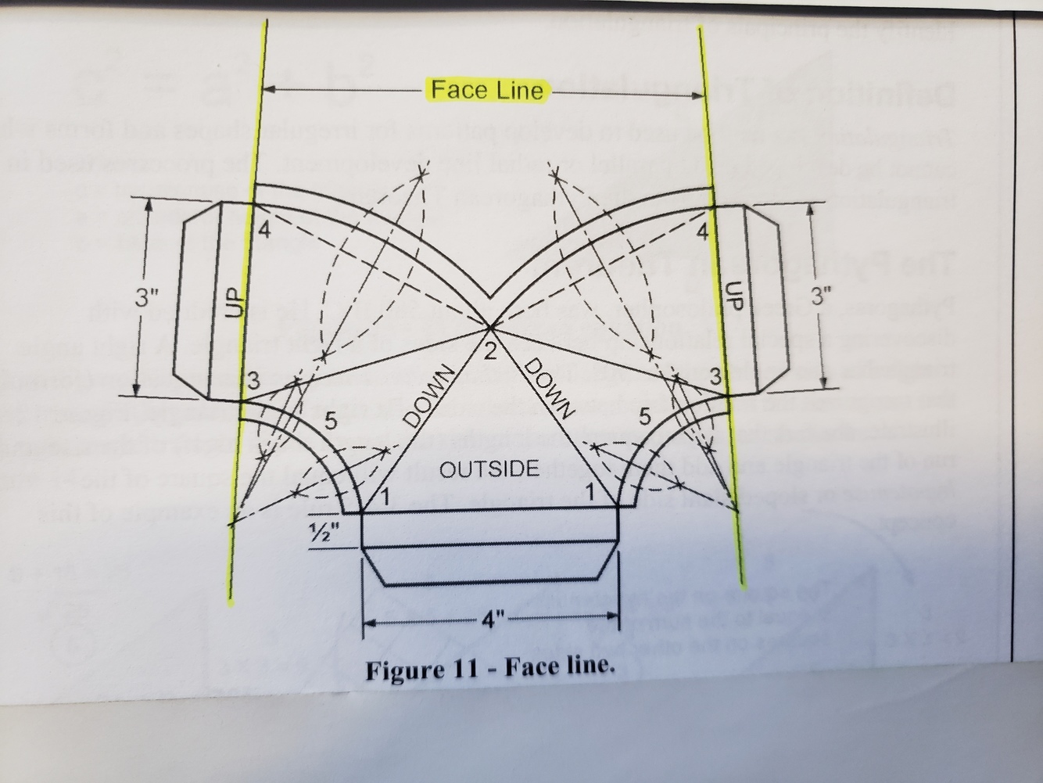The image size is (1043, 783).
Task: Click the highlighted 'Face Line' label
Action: tap(487, 91)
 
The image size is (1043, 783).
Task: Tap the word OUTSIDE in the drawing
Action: tap(489, 469)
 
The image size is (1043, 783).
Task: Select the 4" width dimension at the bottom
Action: tap(492, 622)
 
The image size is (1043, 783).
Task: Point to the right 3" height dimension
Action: tap(822, 296)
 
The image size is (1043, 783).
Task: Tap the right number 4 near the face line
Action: tap(702, 232)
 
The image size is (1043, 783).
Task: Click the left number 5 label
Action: tap(331, 422)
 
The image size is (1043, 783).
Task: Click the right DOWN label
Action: tap(550, 387)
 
